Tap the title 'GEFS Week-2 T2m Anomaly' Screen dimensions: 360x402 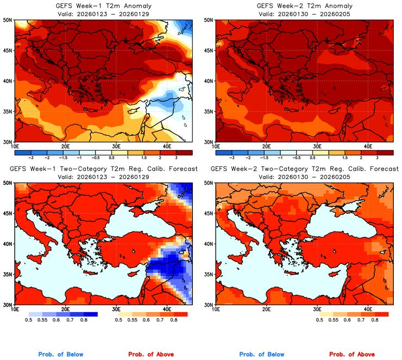(304, 5)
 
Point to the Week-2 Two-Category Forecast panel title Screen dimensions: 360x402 (304, 169)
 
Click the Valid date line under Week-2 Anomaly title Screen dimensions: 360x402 (304, 14)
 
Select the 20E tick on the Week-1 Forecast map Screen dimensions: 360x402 (65, 310)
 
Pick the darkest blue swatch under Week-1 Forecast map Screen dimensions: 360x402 (89, 314)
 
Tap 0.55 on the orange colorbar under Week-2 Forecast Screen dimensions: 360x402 (335, 321)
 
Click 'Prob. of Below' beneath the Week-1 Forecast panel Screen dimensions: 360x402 (61, 354)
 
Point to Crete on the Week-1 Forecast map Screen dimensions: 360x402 (89, 275)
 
